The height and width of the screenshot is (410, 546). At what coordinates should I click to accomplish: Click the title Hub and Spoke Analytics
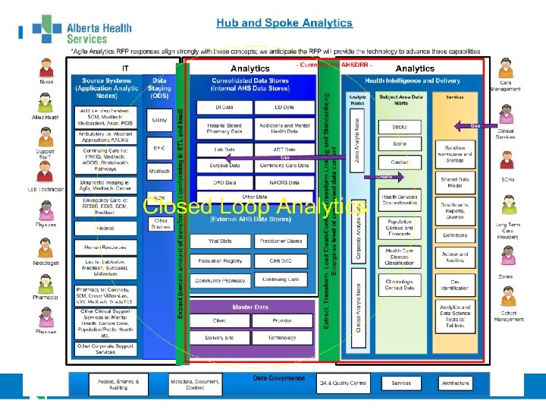tap(284, 23)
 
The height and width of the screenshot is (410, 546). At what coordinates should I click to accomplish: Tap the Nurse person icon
tap(46, 67)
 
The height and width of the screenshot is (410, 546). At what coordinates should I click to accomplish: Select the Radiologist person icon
tap(46, 247)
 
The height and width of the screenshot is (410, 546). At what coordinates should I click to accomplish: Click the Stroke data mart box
tap(400, 127)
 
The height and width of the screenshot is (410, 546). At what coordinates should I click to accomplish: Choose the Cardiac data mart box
tap(400, 162)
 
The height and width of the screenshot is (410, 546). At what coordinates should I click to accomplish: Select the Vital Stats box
tap(221, 241)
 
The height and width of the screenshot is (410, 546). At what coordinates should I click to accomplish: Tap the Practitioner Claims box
tap(281, 241)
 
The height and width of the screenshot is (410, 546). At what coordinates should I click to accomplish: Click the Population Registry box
tap(221, 260)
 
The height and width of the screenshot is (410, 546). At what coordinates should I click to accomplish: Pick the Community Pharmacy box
tap(221, 280)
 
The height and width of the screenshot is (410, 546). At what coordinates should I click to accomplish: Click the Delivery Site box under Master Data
tap(219, 337)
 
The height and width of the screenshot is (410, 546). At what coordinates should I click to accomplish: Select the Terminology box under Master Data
tap(282, 337)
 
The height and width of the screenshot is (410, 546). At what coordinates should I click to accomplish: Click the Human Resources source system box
tap(105, 247)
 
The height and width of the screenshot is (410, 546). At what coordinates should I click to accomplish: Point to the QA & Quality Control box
tap(343, 383)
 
